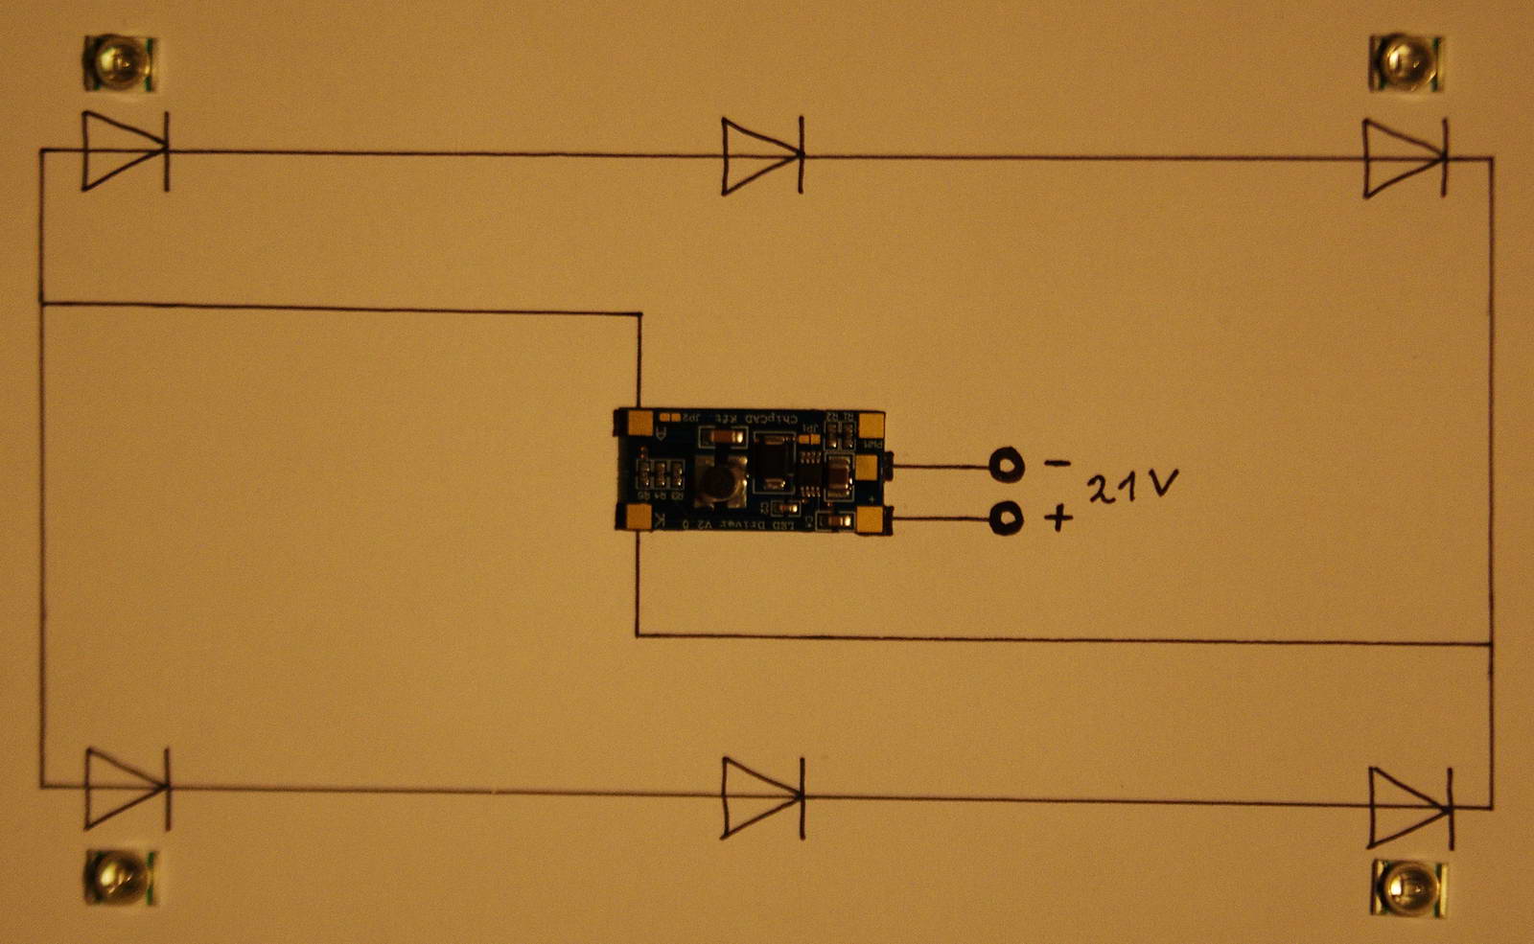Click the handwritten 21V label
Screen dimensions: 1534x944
point(1131,487)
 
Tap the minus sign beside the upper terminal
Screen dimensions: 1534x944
point(1057,463)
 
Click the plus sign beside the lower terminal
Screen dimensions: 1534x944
point(1058,518)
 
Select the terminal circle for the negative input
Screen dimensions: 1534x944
point(1007,466)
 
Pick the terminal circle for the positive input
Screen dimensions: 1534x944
point(1006,519)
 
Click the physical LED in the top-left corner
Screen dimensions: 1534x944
point(120,63)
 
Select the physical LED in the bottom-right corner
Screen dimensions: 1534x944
point(1408,886)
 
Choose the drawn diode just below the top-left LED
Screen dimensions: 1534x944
point(126,150)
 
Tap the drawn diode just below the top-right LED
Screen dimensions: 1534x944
point(1406,158)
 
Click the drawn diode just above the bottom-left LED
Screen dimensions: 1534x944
point(128,788)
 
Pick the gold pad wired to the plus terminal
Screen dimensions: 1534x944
point(871,520)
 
